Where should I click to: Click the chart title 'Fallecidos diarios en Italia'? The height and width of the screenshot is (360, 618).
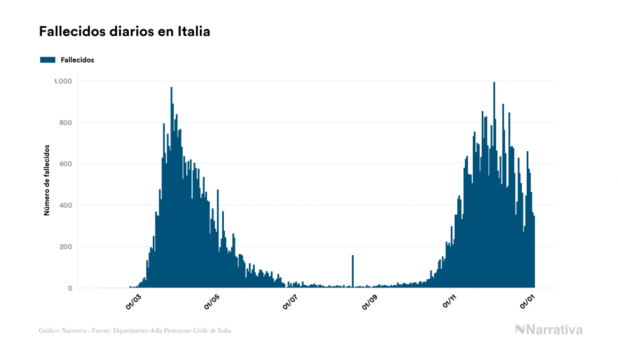pyautogui.click(x=124, y=32)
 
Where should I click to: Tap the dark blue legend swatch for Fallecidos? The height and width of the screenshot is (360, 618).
pyautogui.click(x=48, y=60)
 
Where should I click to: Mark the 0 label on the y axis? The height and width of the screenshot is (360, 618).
pyautogui.click(x=70, y=288)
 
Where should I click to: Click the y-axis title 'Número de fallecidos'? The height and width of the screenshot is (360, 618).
pyautogui.click(x=46, y=180)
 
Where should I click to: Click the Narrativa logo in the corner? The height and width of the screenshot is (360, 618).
pyautogui.click(x=549, y=330)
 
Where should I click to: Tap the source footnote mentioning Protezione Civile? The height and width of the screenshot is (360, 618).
pyautogui.click(x=135, y=331)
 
